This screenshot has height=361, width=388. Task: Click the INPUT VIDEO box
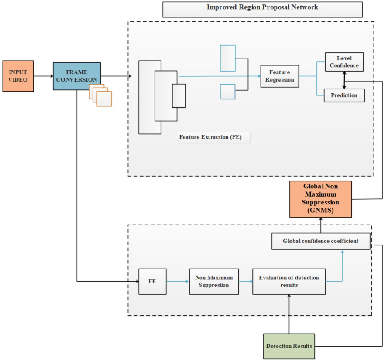18,76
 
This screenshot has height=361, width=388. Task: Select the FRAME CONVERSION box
77,76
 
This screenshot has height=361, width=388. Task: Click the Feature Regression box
279,76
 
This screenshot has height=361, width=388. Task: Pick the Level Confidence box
344,62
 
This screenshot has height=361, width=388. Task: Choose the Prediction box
344,95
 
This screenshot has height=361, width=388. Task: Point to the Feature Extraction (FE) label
214,137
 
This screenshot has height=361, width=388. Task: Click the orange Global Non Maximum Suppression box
320,200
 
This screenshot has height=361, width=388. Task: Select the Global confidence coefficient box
321,241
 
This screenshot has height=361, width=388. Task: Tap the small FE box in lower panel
152,282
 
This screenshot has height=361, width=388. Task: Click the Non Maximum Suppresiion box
214,282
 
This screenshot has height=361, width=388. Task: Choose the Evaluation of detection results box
289,282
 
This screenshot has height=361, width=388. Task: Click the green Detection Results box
289,346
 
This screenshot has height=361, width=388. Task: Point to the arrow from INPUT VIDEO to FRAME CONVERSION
43,76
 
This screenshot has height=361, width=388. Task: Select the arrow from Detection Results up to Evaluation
289,314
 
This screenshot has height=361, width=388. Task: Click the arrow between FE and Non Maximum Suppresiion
178,282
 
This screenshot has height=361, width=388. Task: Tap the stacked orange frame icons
101,95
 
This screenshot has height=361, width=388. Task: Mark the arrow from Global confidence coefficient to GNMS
321,225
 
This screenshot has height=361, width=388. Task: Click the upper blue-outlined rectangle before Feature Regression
228,58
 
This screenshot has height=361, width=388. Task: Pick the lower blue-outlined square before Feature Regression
227,92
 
